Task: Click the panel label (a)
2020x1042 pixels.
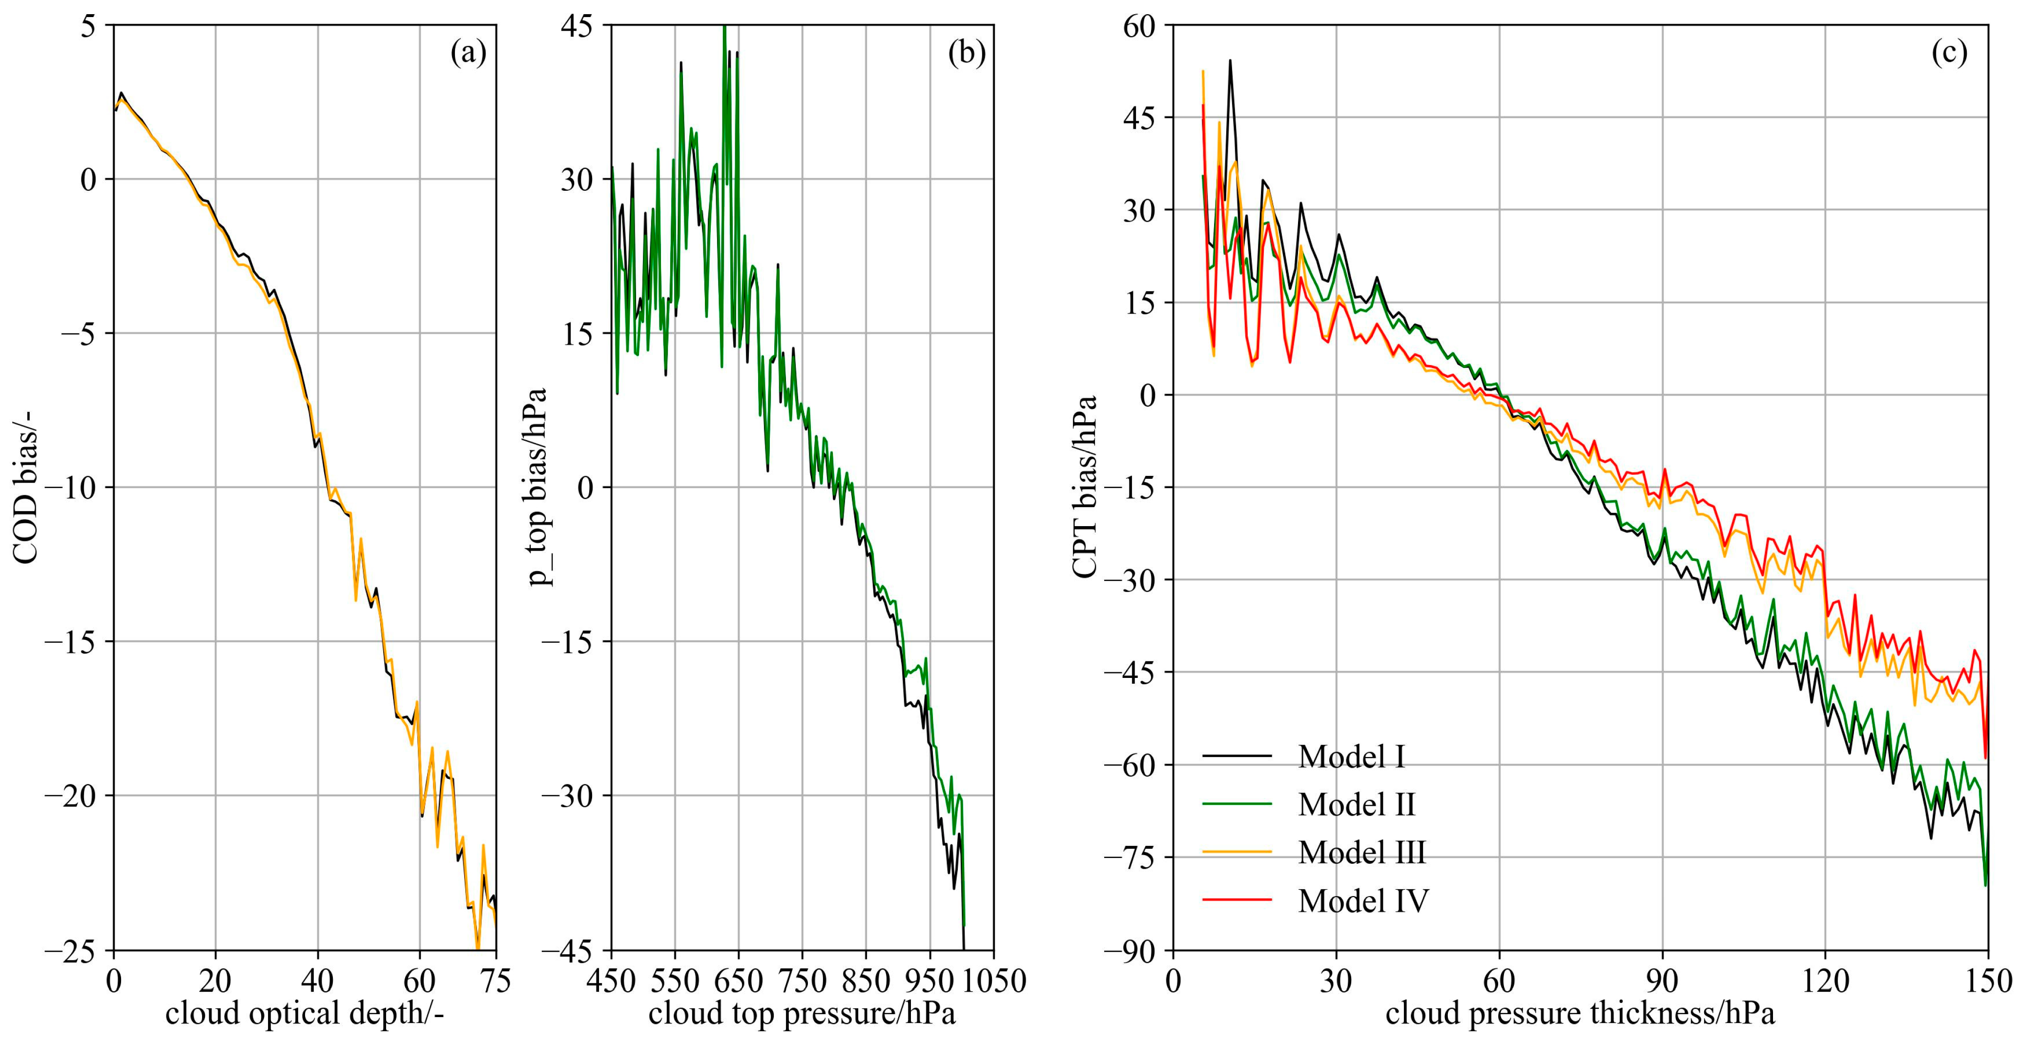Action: coord(468,53)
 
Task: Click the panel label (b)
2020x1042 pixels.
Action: coord(966,53)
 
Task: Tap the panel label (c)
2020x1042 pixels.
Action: coord(1949,53)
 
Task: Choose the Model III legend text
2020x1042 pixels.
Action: coord(1361,852)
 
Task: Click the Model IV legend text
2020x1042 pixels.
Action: coord(1363,901)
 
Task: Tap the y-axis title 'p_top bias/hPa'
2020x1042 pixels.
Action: coord(539,486)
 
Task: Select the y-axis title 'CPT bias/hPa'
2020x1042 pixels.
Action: coord(1085,486)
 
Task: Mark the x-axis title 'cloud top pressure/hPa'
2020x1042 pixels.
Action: coord(802,1013)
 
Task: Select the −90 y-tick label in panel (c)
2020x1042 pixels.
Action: coord(1129,950)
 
